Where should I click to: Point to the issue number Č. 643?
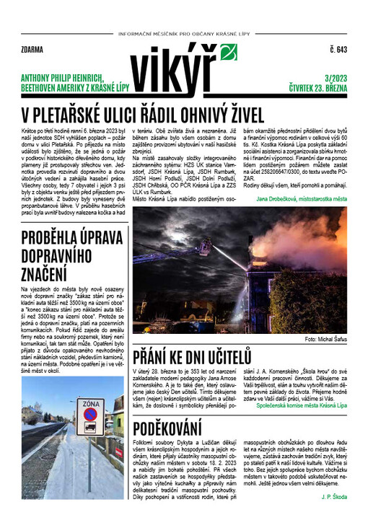pyautogui.click(x=338, y=50)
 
